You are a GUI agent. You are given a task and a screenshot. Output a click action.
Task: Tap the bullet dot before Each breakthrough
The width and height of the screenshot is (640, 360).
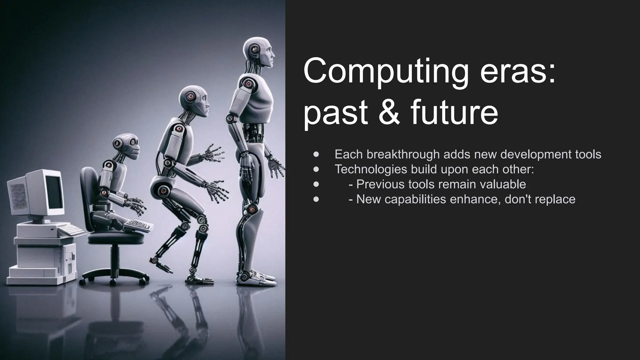point(316,154)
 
